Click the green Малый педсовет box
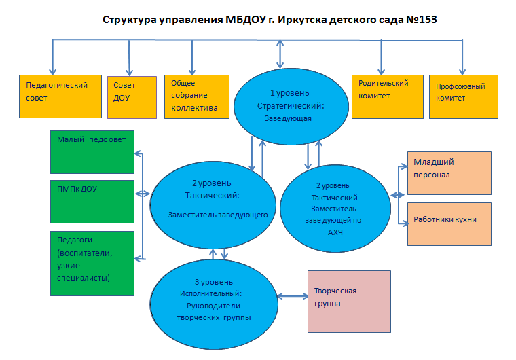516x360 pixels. pos(93,150)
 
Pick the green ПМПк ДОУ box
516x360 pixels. pos(93,200)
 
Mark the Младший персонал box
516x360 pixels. pos(448,170)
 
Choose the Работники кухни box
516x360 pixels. pos(448,223)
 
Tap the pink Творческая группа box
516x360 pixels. pos(349,301)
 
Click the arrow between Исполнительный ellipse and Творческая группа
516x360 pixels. pos(295,296)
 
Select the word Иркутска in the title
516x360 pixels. pos(303,18)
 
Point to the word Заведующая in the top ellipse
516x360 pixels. pos(288,118)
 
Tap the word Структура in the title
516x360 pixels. pos(130,18)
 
